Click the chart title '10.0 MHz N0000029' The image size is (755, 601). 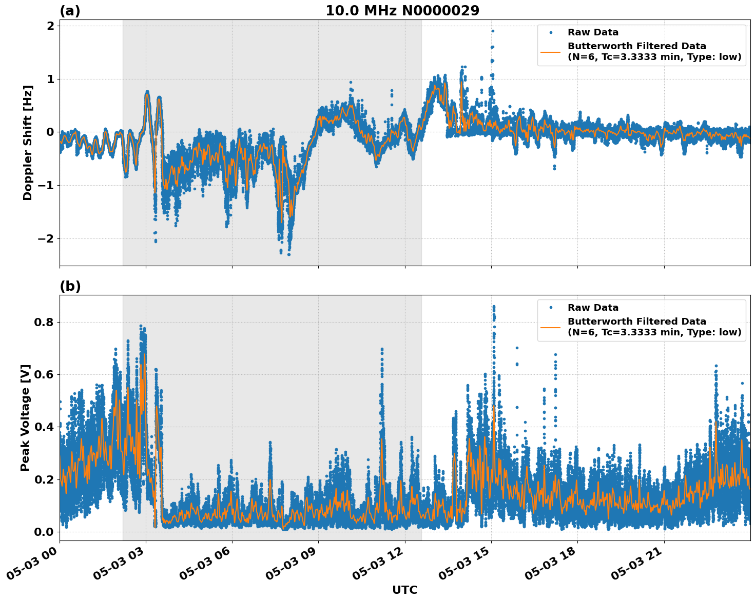[402, 11]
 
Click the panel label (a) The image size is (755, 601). [70, 11]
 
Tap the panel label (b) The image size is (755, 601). [70, 286]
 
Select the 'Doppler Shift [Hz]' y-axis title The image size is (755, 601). [28, 143]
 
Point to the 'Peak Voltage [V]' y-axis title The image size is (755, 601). [25, 417]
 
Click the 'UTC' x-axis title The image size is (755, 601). [404, 590]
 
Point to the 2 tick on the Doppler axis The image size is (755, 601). [50, 26]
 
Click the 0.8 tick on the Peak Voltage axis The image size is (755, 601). [45, 322]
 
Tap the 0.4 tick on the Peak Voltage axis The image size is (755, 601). [45, 427]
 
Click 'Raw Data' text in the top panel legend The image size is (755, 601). [593, 32]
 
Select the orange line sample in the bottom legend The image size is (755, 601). [550, 327]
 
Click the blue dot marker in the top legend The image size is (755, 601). [551, 32]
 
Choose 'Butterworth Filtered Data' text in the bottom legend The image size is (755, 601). [636, 322]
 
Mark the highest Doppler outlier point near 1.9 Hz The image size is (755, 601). [492, 31]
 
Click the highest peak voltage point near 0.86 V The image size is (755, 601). [494, 307]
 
